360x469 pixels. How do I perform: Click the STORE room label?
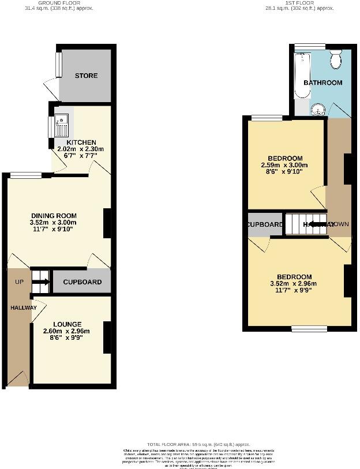[86, 76]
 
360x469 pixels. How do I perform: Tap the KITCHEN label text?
[81, 142]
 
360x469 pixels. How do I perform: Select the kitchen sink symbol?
[61, 122]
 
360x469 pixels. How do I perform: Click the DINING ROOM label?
[53, 215]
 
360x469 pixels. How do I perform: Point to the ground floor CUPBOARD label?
[82, 282]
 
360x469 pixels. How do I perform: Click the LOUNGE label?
[67, 324]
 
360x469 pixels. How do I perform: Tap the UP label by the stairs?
[19, 282]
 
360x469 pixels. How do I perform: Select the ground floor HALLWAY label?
[23, 307]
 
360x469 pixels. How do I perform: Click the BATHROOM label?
[323, 82]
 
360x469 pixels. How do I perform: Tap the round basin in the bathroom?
[317, 110]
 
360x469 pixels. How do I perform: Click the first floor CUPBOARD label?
[265, 224]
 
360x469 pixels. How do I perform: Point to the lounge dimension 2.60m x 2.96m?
[67, 331]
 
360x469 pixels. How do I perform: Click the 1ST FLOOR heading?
[299, 2]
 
